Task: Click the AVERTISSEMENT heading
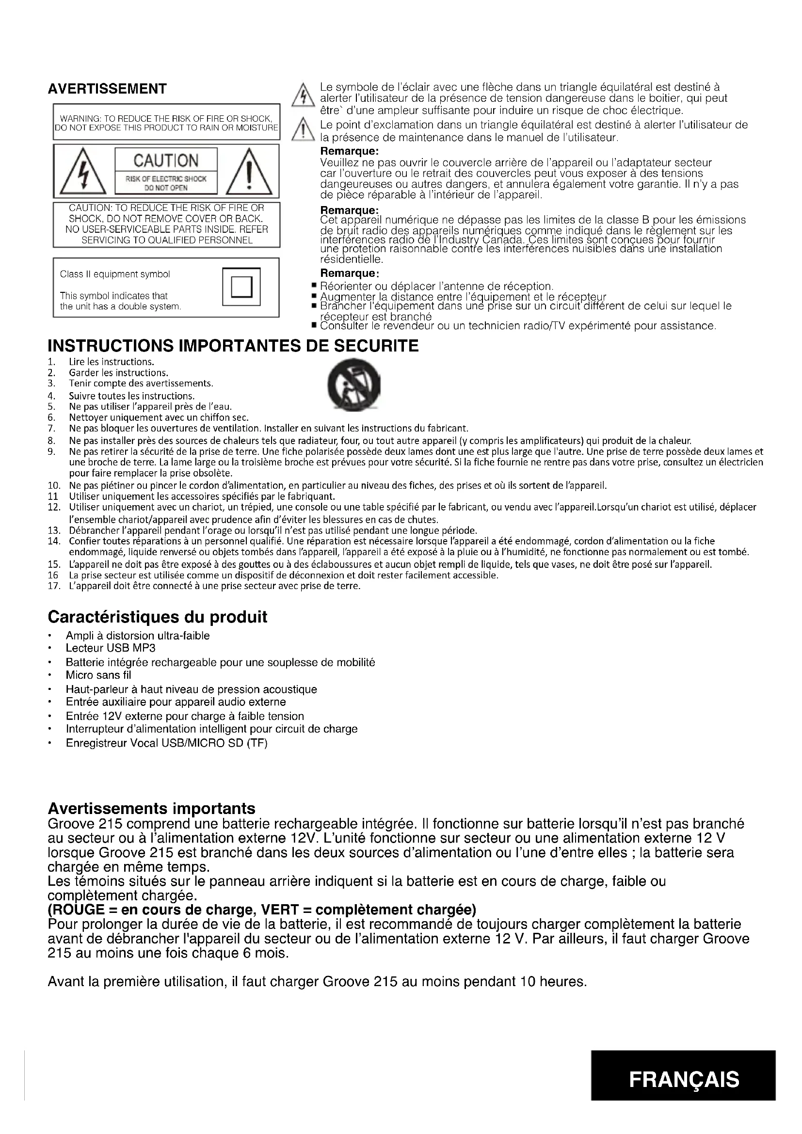coord(107,89)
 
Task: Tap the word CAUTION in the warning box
coord(166,160)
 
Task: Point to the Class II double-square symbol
coord(241,287)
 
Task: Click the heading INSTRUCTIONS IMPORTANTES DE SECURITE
coord(233,346)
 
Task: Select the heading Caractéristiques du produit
coord(157,617)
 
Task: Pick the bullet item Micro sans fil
coord(98,675)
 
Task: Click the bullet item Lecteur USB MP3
coord(104,648)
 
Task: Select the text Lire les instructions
coord(112,362)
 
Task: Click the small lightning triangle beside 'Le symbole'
coord(300,96)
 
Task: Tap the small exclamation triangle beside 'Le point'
coord(300,131)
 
